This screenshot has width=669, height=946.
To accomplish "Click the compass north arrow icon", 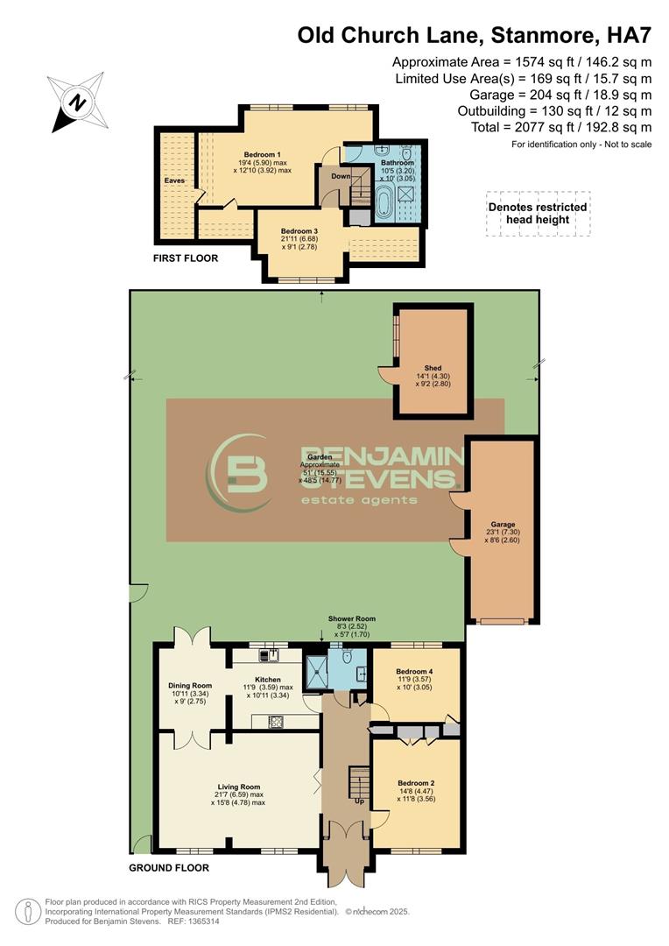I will point(77,103).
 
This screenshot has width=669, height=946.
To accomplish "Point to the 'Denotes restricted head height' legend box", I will point(538,214).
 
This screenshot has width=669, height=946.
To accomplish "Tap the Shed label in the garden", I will point(433,368).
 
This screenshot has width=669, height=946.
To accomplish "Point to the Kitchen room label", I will point(268,679).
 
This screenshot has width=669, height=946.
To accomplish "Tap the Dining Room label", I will point(190,685).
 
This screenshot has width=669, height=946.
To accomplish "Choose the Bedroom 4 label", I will point(416,671).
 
